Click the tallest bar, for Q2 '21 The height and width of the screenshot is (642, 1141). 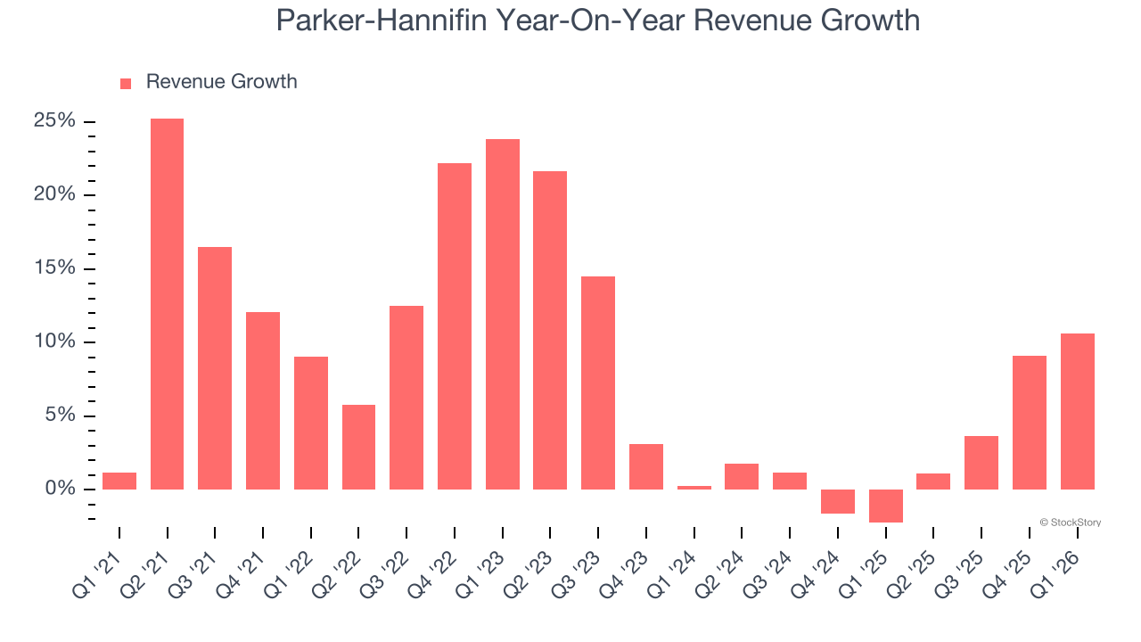point(167,303)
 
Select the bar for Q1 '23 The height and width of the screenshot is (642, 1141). point(502,314)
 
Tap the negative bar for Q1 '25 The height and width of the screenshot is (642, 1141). point(885,506)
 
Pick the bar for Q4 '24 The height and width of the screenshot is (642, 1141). point(838,501)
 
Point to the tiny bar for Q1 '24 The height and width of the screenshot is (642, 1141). point(694,487)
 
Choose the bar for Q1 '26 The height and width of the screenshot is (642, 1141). point(1077,411)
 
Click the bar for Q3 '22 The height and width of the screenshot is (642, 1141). point(406,397)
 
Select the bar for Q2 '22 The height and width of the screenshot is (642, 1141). point(358,447)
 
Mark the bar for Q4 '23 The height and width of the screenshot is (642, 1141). point(646,466)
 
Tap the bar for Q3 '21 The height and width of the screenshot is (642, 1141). point(215,367)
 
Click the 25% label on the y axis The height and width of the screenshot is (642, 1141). point(54,121)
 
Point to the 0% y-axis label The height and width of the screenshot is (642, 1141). point(60,489)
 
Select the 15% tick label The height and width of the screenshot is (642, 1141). point(54,268)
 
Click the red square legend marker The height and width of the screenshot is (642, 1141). point(126,83)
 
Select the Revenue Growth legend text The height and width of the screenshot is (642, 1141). point(221,82)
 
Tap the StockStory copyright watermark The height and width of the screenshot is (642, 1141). point(1070,523)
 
